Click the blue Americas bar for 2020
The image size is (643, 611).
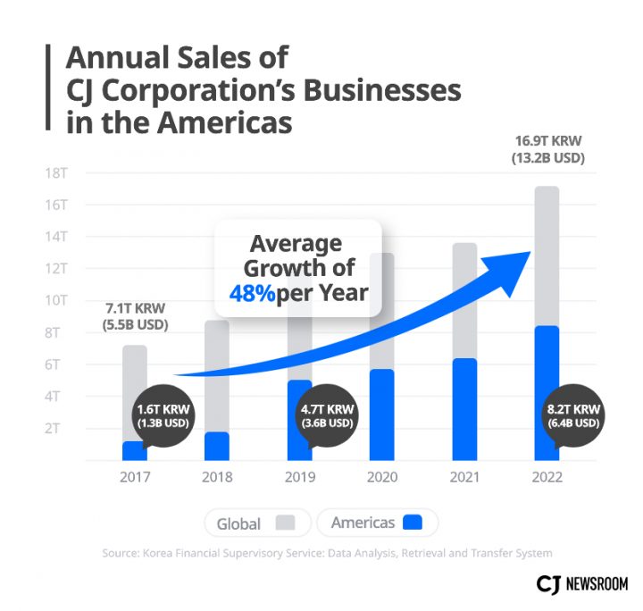click(381, 414)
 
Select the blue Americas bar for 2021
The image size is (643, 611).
click(464, 409)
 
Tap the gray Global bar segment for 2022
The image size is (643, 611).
click(546, 255)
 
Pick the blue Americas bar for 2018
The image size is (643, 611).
click(217, 446)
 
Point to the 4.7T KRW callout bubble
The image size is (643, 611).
click(329, 416)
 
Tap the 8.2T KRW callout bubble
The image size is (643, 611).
click(572, 416)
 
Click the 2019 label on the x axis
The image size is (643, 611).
click(299, 477)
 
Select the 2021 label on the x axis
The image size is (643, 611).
click(464, 477)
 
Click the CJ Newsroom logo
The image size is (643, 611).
click(581, 583)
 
